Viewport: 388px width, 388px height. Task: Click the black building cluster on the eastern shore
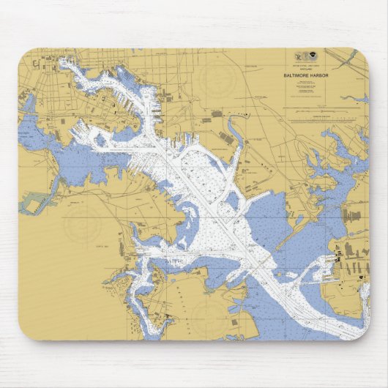(339, 259)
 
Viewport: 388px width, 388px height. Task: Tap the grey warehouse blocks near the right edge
(352, 217)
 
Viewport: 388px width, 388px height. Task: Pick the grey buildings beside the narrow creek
(217, 114)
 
